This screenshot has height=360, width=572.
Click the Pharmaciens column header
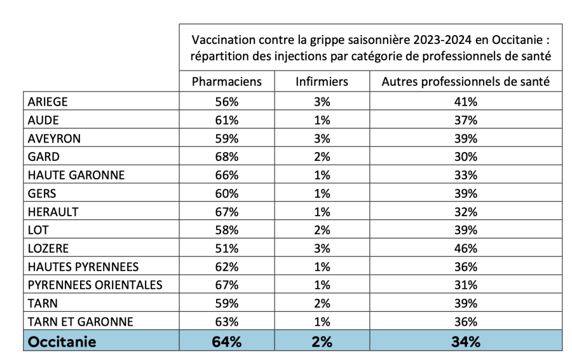pyautogui.click(x=226, y=81)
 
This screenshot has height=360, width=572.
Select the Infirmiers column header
pyautogui.click(x=322, y=81)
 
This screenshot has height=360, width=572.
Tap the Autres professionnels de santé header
pyautogui.click(x=465, y=81)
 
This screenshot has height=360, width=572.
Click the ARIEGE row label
pyautogui.click(x=48, y=102)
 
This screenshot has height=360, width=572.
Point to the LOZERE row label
pyautogui.click(x=48, y=248)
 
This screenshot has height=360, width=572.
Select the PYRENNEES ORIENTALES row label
pyautogui.click(x=95, y=285)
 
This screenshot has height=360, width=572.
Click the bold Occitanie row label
pyautogui.click(x=62, y=342)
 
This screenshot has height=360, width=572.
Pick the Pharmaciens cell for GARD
pyautogui.click(x=226, y=156)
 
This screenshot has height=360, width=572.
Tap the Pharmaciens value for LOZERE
pyautogui.click(x=226, y=248)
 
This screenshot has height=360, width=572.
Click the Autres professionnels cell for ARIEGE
pyautogui.click(x=465, y=102)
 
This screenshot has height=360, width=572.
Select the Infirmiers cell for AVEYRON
pyautogui.click(x=322, y=139)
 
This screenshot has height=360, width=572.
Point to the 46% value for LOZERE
pyautogui.click(x=465, y=248)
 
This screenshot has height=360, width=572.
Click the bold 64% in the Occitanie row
pyautogui.click(x=226, y=342)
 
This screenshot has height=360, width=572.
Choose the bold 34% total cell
pyautogui.click(x=465, y=342)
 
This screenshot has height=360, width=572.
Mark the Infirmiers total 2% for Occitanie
pyautogui.click(x=322, y=342)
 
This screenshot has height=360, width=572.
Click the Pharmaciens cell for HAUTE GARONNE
pyautogui.click(x=226, y=175)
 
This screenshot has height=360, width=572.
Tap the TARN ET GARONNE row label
pyautogui.click(x=81, y=322)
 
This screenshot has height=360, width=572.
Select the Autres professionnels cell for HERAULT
pyautogui.click(x=465, y=212)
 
